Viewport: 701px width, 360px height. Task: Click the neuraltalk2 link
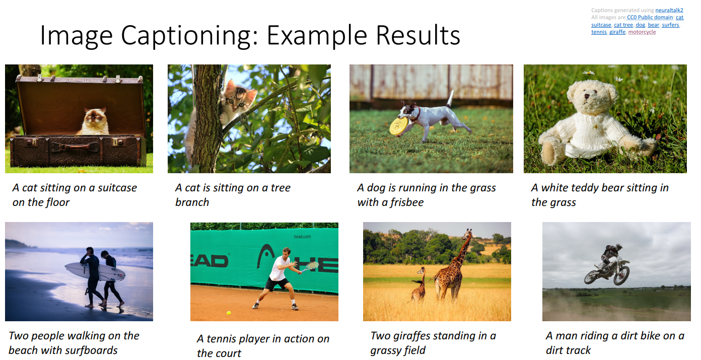click(x=669, y=10)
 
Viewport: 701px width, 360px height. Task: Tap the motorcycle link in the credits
click(x=642, y=32)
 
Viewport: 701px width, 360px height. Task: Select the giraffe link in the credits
click(x=617, y=32)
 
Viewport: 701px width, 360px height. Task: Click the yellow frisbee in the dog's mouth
click(x=398, y=126)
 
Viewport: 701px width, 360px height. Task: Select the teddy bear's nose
click(x=587, y=96)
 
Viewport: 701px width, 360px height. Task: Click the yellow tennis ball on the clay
click(x=229, y=313)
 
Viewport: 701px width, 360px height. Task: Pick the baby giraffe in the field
click(x=418, y=285)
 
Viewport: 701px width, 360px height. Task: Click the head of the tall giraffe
click(x=468, y=233)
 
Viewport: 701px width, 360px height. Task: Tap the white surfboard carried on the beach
click(x=95, y=271)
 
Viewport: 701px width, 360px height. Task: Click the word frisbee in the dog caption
click(x=406, y=202)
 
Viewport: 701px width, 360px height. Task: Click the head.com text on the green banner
click(x=302, y=237)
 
